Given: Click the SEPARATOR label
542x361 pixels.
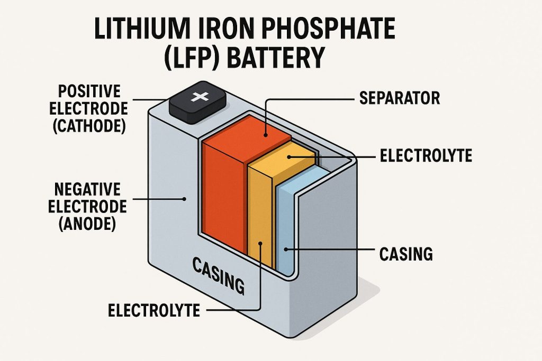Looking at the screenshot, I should (400, 98).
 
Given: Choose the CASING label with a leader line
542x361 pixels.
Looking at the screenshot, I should (406, 254).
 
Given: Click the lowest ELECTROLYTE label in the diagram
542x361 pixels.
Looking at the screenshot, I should (154, 310).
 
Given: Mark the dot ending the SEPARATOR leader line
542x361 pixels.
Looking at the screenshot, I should (264, 135).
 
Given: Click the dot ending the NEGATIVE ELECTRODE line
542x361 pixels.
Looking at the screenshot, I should (185, 199).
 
